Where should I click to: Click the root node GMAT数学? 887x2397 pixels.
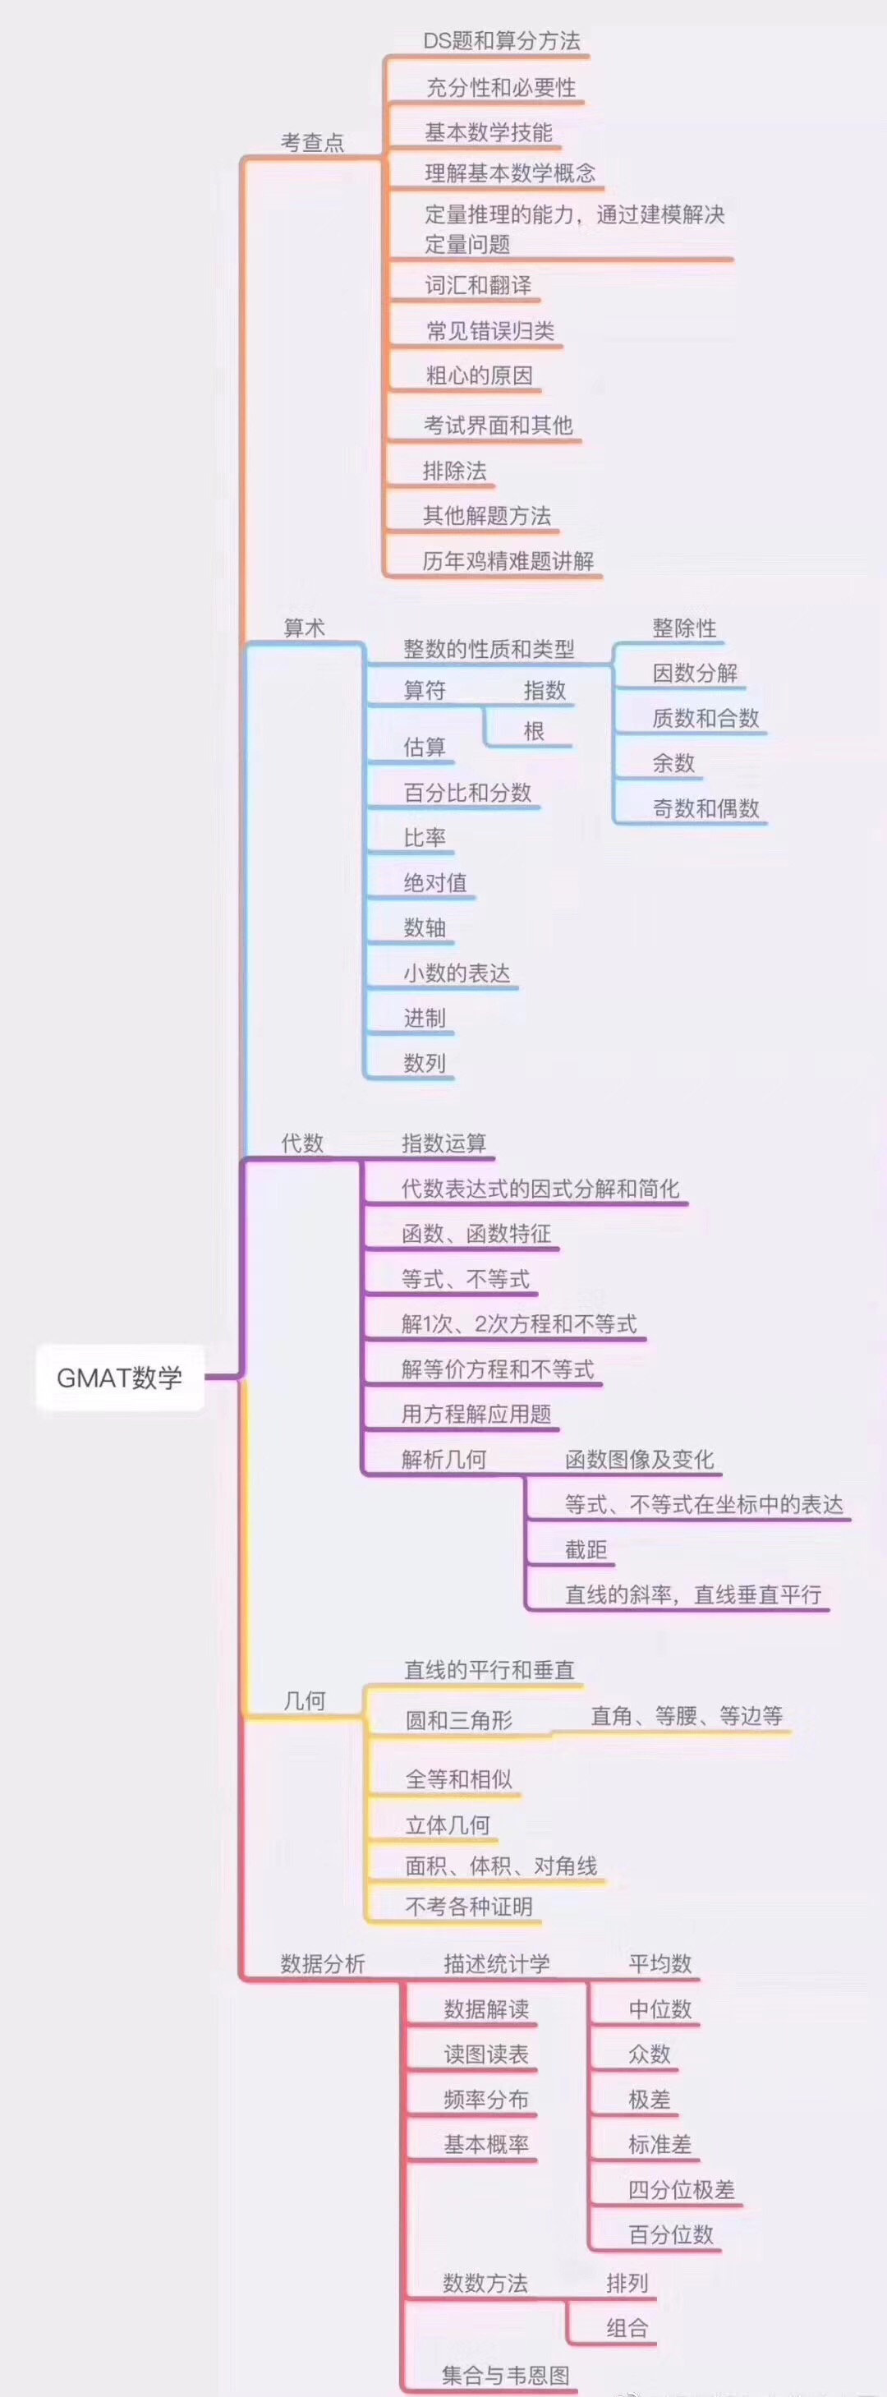pyautogui.click(x=119, y=1377)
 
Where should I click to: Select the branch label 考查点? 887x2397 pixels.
pyautogui.click(x=313, y=142)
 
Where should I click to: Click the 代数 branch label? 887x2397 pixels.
pyautogui.click(x=302, y=1143)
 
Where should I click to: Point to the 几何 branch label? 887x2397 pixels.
pyautogui.click(x=305, y=1700)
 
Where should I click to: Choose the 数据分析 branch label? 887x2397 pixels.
pyautogui.click(x=322, y=1963)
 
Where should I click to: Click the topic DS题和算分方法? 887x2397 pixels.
pyautogui.click(x=502, y=41)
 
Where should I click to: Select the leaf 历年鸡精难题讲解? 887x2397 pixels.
pyautogui.click(x=508, y=561)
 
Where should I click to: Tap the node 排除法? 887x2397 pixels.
pyautogui.click(x=454, y=471)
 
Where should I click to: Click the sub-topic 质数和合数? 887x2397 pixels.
pyautogui.click(x=705, y=718)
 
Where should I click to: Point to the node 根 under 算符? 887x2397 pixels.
pyautogui.click(x=533, y=731)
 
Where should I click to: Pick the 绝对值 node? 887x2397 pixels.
pyautogui.click(x=434, y=882)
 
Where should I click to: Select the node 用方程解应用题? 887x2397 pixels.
pyautogui.click(x=476, y=1415)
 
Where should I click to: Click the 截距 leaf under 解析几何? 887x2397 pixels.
pyautogui.click(x=586, y=1549)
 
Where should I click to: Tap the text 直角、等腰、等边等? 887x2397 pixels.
pyautogui.click(x=687, y=1716)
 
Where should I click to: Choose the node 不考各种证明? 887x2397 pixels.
pyautogui.click(x=468, y=1907)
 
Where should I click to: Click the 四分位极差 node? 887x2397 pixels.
pyautogui.click(x=682, y=2189)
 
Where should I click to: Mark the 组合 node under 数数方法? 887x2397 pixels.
pyautogui.click(x=627, y=2328)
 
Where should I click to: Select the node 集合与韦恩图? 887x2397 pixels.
pyautogui.click(x=505, y=2375)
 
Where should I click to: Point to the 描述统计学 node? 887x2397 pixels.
pyautogui.click(x=496, y=1963)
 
